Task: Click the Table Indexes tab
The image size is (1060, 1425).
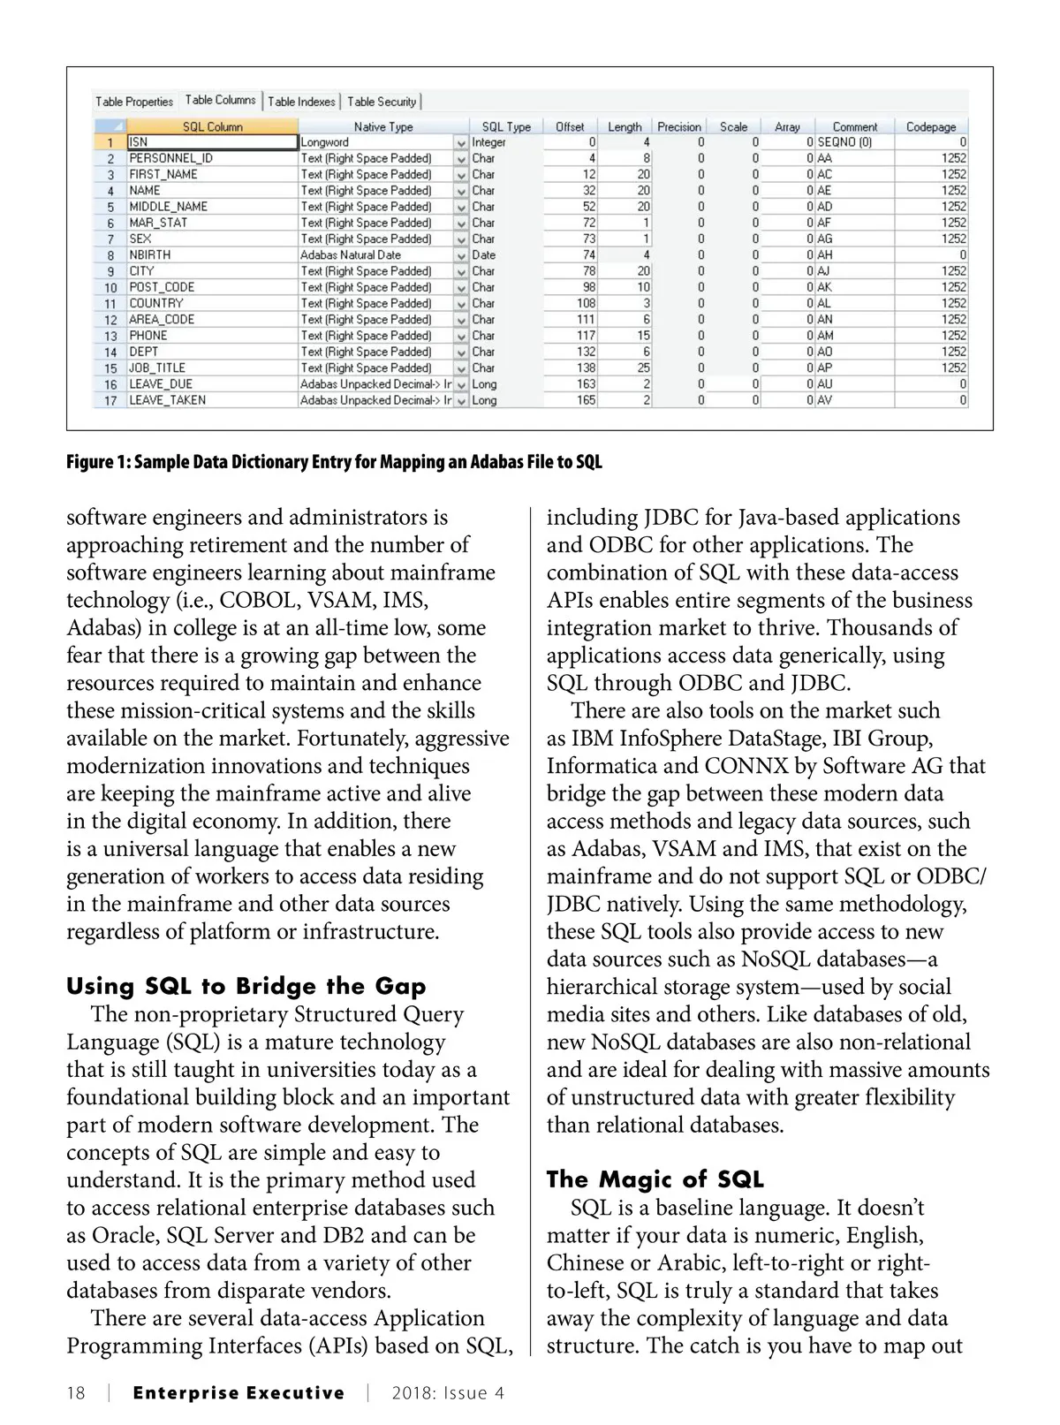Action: click(301, 102)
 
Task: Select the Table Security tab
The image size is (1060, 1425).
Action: click(382, 102)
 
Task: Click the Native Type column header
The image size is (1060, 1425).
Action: click(383, 126)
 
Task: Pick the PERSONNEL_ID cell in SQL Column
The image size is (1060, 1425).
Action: click(171, 158)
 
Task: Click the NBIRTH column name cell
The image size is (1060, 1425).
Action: click(150, 254)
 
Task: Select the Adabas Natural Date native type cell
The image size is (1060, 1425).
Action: click(351, 254)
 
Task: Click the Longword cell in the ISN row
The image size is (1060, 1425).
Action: click(325, 141)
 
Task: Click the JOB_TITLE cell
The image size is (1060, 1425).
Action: click(157, 368)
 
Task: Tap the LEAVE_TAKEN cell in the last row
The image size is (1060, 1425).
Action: click(168, 400)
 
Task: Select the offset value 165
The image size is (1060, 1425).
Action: click(587, 400)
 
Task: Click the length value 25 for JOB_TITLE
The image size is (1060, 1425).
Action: click(643, 368)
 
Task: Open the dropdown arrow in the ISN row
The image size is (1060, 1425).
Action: click(461, 142)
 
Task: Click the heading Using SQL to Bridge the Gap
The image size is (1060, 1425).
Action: click(246, 987)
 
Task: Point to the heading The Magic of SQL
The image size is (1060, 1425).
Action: click(655, 1179)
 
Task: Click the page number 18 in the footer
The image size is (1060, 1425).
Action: click(76, 1393)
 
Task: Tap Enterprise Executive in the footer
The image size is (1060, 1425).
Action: click(238, 1393)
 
